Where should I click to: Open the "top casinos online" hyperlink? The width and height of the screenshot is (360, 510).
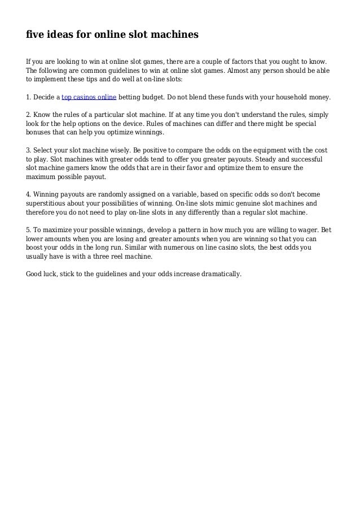click(x=89, y=97)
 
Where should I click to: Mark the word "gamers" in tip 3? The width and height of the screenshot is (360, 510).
click(x=84, y=168)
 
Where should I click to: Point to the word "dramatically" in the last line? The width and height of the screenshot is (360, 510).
click(x=220, y=274)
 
